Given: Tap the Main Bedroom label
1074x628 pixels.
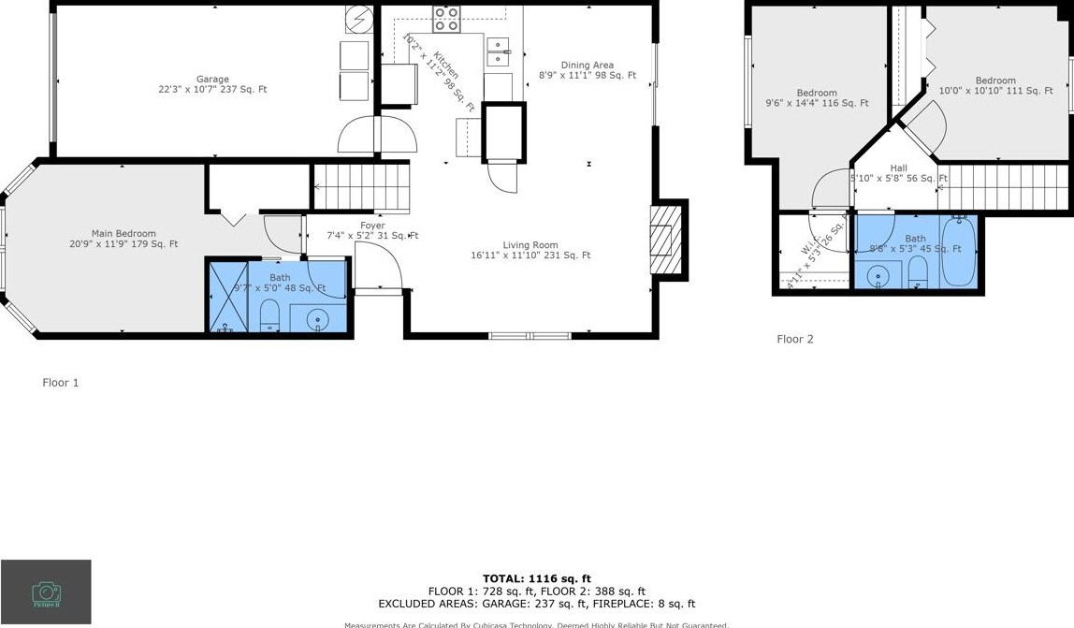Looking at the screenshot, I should pyautogui.click(x=123, y=239).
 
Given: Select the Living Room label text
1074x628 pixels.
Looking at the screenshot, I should pyautogui.click(x=530, y=250).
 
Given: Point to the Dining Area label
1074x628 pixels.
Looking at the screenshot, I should pyautogui.click(x=588, y=70).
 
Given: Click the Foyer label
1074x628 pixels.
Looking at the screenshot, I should pyautogui.click(x=372, y=230).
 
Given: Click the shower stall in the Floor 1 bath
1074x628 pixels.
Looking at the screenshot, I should pyautogui.click(x=227, y=298).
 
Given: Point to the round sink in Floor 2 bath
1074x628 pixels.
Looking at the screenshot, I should pyautogui.click(x=878, y=276).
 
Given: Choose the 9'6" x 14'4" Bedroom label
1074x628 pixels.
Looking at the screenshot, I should pyautogui.click(x=817, y=98).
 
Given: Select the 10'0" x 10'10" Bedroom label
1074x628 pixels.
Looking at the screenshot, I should pyautogui.click(x=994, y=85).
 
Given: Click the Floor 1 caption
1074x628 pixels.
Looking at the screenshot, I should pyautogui.click(x=61, y=383).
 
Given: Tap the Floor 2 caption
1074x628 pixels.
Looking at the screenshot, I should pyautogui.click(x=795, y=339).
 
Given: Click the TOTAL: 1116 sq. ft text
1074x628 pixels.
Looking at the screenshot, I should pyautogui.click(x=536, y=578).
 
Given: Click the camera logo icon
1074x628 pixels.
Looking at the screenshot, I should pyautogui.click(x=46, y=591).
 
